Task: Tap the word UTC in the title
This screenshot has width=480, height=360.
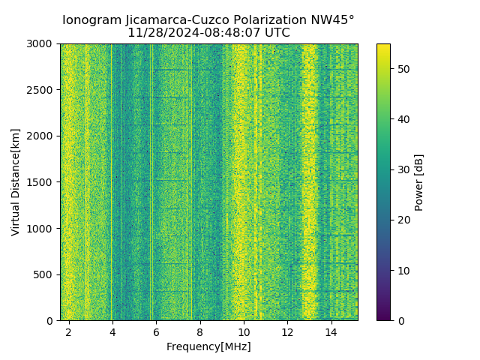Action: click(275, 33)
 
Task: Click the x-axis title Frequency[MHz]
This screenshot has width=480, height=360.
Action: click(208, 346)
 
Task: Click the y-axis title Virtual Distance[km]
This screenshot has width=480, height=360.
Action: click(16, 181)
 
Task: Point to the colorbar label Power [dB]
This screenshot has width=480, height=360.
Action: click(419, 182)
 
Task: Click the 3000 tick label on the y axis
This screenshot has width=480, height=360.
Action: click(40, 43)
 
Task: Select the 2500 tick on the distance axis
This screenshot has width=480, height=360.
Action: click(40, 90)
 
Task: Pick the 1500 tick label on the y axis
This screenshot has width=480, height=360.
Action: click(40, 182)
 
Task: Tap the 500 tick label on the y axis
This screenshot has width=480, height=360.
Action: click(43, 274)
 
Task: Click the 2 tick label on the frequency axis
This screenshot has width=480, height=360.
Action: click(68, 331)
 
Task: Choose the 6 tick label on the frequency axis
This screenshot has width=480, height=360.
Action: click(156, 331)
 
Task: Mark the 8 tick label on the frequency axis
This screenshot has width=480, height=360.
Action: click(199, 331)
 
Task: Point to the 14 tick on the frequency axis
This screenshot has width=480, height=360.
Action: click(331, 331)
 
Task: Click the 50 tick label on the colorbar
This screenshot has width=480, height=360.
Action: click(403, 69)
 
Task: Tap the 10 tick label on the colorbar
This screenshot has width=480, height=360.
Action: click(403, 270)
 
